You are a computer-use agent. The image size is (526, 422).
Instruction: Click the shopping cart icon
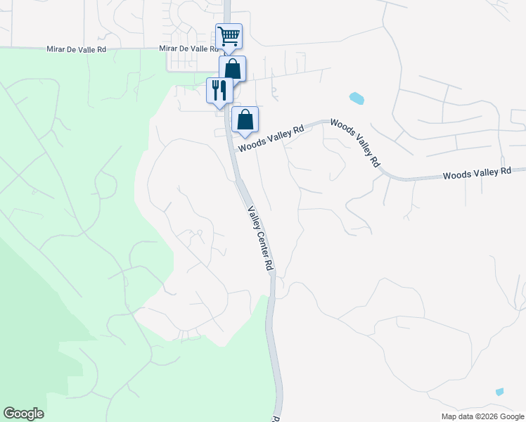pyautogui.click(x=229, y=35)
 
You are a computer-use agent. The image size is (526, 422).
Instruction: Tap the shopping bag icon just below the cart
pyautogui.click(x=232, y=68)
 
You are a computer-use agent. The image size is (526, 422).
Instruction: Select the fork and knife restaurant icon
pyautogui.click(x=219, y=90)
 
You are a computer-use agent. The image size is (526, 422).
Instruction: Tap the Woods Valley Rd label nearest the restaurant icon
pyautogui.click(x=271, y=138)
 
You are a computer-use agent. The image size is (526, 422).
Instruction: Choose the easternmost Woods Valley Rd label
pyautogui.click(x=477, y=173)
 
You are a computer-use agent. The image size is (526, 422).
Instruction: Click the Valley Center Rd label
pyautogui.click(x=259, y=238)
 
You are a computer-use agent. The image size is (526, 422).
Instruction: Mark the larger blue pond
pyautogui.click(x=357, y=98)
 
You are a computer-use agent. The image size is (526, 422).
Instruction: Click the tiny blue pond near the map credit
pyautogui.click(x=499, y=392)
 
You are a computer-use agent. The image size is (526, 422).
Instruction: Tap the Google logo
pyautogui.click(x=23, y=414)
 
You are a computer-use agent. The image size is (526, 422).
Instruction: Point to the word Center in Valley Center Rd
pyautogui.click(x=260, y=241)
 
